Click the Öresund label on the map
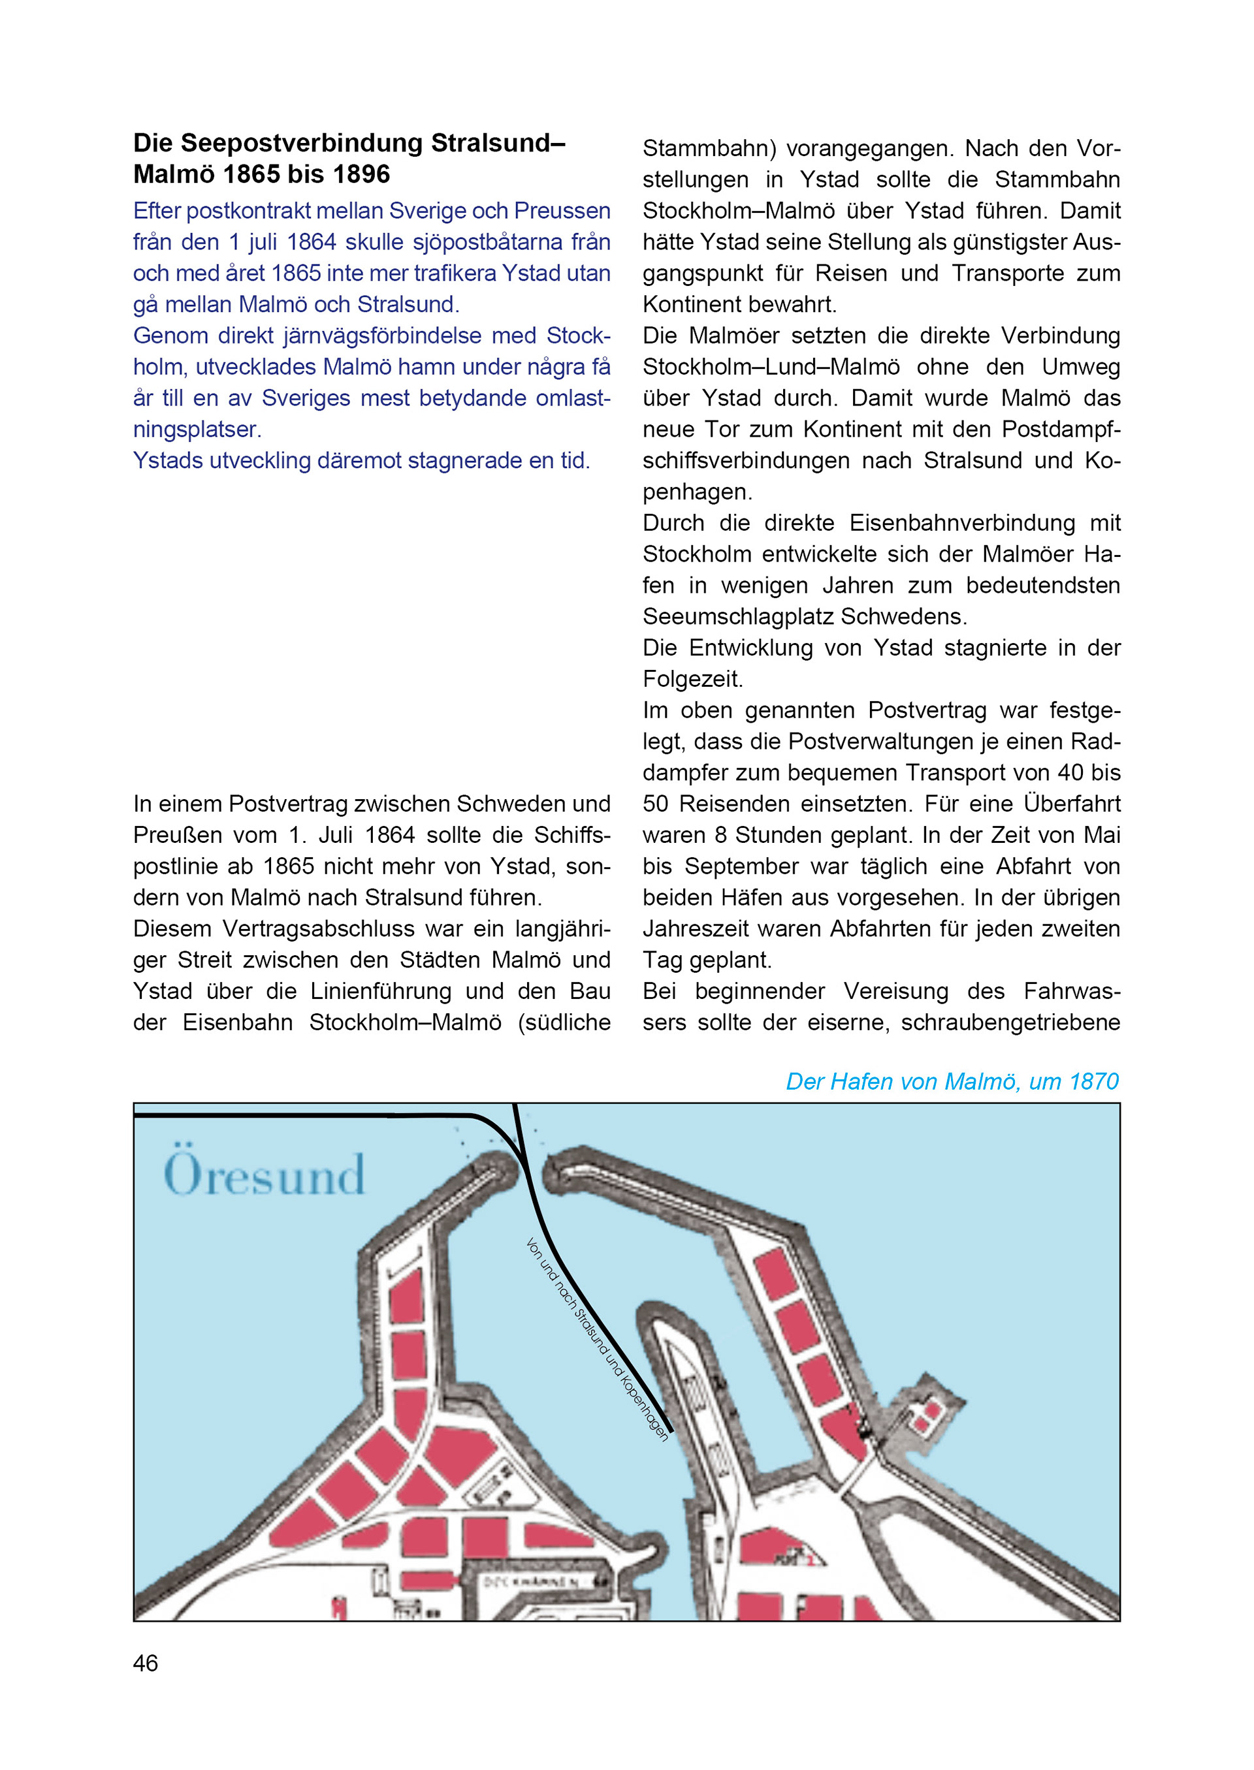(x=263, y=1175)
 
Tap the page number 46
(x=145, y=1664)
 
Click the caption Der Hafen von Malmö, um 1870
(x=952, y=1081)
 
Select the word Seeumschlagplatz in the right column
(x=738, y=617)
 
